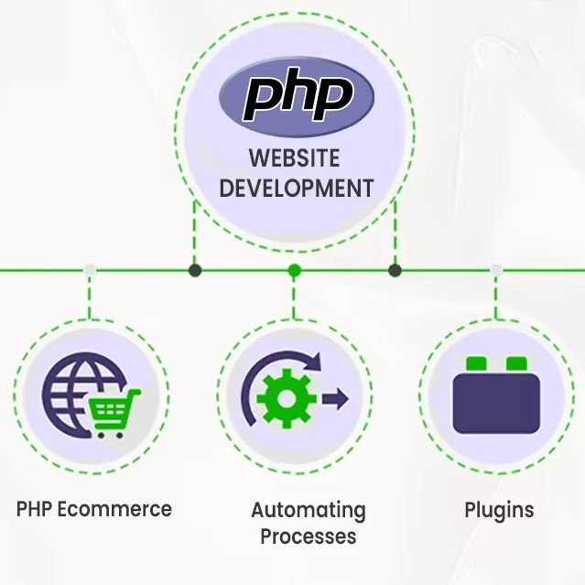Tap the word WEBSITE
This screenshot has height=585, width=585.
coord(294,157)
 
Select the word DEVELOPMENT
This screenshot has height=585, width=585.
coord(297,188)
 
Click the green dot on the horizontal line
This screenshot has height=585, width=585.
coord(294,270)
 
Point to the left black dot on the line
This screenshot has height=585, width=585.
coord(194,270)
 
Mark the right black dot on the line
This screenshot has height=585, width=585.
coord(395,270)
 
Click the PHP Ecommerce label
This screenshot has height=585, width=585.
coord(94,509)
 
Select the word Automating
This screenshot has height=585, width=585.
coord(308,510)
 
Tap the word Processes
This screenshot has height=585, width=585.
coord(308,536)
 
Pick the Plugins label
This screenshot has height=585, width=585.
coord(499,509)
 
